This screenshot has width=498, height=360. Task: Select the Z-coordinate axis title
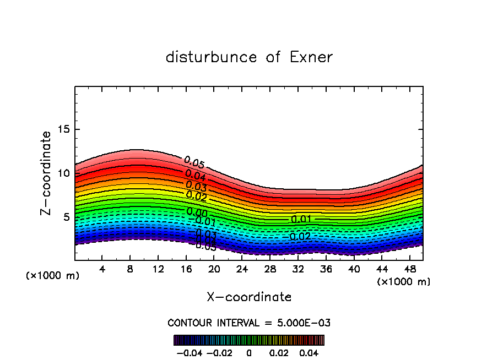point(46,173)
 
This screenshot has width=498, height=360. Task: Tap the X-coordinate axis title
point(249,297)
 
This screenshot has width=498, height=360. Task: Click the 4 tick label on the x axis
point(102,269)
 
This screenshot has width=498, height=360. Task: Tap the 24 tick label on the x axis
point(242,269)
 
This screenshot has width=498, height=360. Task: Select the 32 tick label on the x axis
point(297,269)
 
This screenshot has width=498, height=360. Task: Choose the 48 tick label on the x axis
point(409,269)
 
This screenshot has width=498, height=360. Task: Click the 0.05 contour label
point(194,163)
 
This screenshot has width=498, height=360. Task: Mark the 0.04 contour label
point(196,176)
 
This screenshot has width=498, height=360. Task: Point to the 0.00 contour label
point(197,212)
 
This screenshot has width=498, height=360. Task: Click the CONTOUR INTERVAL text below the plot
point(249,323)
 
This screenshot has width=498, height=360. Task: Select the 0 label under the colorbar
point(249,352)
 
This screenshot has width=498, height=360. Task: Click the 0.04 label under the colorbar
point(309,352)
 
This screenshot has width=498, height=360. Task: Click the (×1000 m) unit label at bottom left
point(53,276)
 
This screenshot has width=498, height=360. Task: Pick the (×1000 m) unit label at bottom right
point(404,282)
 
